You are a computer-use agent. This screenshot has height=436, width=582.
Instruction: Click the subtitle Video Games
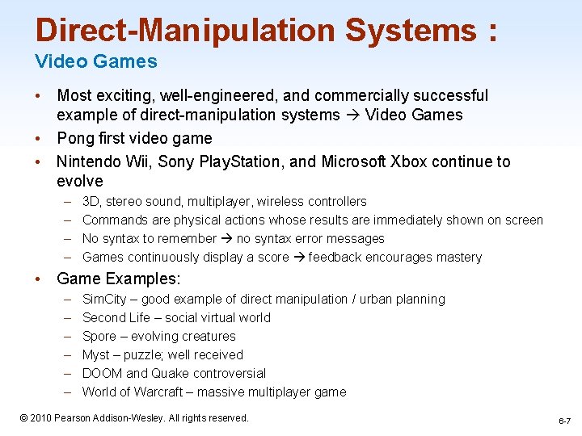point(96,61)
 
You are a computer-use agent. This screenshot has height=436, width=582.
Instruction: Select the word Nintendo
point(90,161)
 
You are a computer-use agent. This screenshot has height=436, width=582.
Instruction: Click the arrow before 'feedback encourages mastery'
point(298,258)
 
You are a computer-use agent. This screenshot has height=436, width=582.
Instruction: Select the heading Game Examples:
point(119,279)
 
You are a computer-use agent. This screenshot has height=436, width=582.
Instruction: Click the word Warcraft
point(157,392)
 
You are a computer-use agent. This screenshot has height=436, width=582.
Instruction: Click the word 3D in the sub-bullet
point(91,202)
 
